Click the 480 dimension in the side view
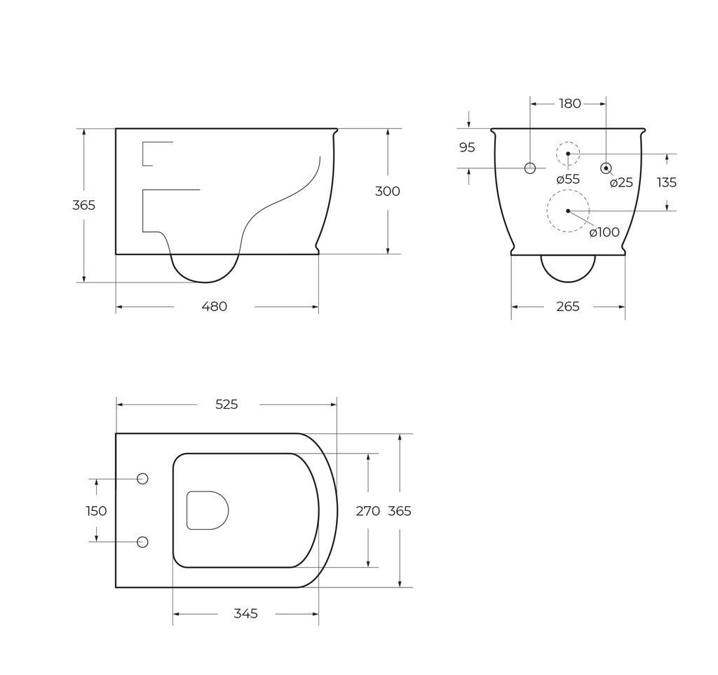pos(214,306)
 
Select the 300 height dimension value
pos(387,191)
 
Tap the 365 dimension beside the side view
pos(83,205)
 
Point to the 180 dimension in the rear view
pos(569,104)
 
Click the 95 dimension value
pos(467,148)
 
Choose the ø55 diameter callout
pos(568,179)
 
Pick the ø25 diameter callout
pos(621,183)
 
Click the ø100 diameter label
pos(604,232)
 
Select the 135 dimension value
pos(667,182)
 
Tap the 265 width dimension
pos(568,306)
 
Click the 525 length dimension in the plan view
pos(226,404)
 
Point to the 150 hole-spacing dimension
pos(96,511)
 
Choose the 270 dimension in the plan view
pos(367,511)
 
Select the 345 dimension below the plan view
pos(245,614)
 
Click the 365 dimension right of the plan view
pos(400,511)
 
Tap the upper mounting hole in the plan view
pos(142,479)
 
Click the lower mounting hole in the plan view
pos(142,542)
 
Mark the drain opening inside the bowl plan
pos(208,510)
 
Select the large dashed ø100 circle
pos(568,210)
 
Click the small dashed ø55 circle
pos(568,154)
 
